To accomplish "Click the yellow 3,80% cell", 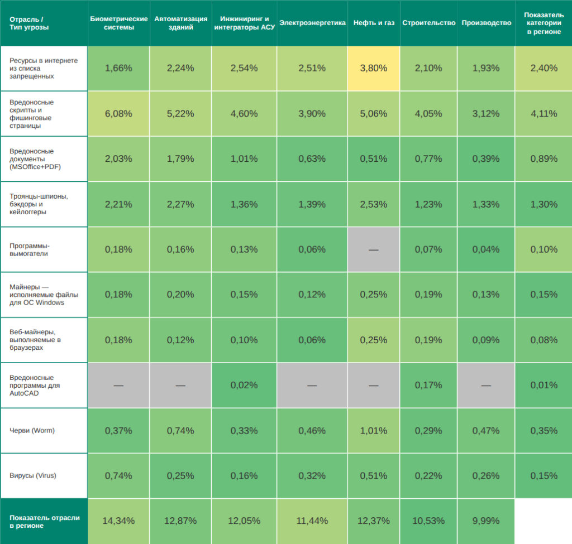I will pos(373,68).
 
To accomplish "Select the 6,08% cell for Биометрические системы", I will pos(118,114).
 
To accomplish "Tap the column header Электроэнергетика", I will pos(312,23).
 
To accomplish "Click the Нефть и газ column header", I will pos(373,23).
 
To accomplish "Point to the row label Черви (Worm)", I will pos(32,430).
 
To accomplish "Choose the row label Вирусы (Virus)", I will pos(33,475).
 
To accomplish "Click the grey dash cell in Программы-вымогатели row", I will pos(373,249).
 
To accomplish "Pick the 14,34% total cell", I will pos(118,521).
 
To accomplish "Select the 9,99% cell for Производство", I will pos(486,521).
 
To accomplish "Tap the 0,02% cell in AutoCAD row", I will pos(244,385).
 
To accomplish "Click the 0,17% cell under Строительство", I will pos(428,385).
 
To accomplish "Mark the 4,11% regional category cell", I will pos(544,114).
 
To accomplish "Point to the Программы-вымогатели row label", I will pos(30,249).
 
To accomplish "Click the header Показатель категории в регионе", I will pos(544,23).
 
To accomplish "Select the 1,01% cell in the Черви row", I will pos(373,430).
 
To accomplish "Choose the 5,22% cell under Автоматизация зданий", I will pos(180,114).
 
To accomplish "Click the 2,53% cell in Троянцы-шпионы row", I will pos(373,204).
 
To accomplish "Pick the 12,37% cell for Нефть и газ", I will pos(373,521).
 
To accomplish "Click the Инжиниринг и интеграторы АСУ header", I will pos(244,23).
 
